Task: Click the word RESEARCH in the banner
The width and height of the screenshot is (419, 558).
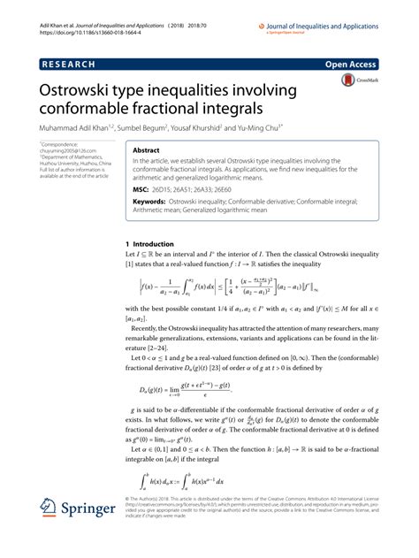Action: [70, 65]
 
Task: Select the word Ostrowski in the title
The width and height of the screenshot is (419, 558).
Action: [81, 92]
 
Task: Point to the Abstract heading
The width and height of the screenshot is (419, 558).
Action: [147, 151]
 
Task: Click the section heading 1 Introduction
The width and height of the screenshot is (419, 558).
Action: [150, 243]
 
